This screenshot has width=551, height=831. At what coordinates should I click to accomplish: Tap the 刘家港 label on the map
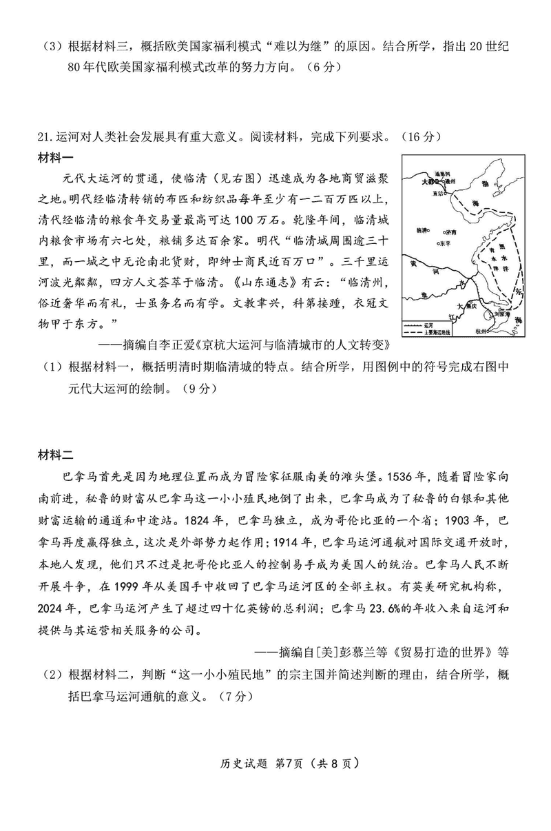pyautogui.click(x=500, y=313)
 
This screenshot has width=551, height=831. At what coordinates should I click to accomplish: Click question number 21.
pyautogui.click(x=45, y=136)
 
